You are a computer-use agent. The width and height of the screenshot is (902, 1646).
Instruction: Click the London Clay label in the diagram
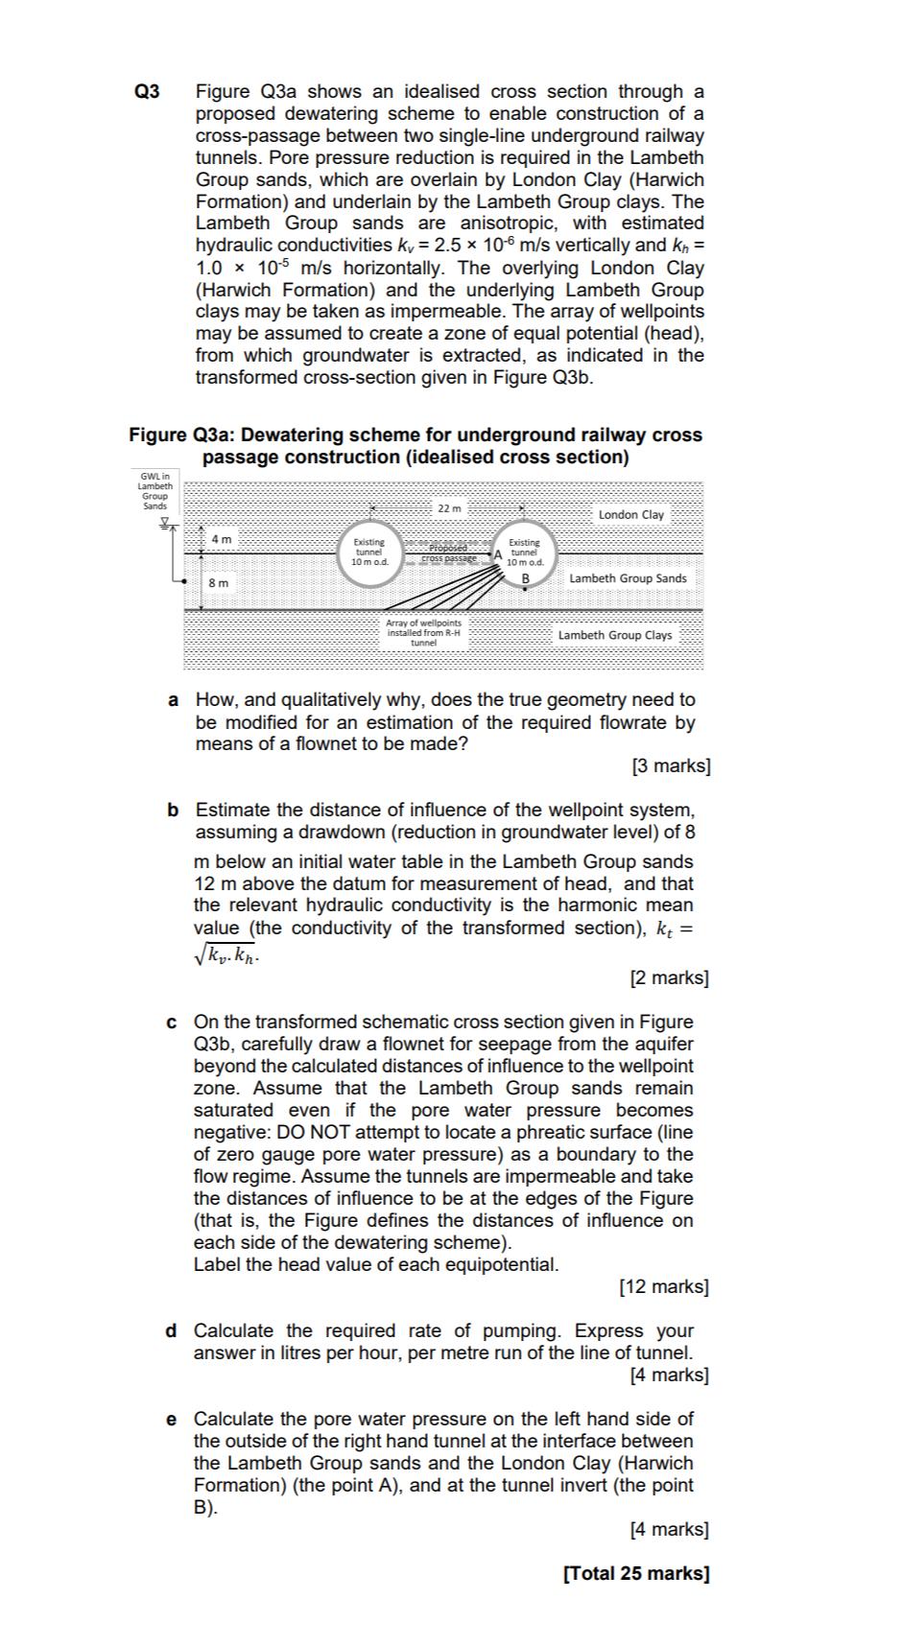point(630,515)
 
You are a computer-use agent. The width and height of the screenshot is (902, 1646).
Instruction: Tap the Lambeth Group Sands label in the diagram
point(628,578)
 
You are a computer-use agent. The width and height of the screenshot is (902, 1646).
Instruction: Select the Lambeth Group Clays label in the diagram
point(615,635)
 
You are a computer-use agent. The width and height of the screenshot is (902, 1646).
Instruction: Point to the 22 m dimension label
point(449,507)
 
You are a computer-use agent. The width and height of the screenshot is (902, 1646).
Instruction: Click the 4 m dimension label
point(222,540)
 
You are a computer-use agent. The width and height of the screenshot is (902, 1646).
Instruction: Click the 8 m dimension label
point(219,582)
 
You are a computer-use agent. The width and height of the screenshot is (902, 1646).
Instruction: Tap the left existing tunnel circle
point(369,552)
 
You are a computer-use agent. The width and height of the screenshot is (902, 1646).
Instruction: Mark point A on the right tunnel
point(498,554)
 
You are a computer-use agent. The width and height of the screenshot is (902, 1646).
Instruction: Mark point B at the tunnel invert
point(526,578)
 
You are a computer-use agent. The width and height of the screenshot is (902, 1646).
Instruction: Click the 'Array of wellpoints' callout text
point(423,632)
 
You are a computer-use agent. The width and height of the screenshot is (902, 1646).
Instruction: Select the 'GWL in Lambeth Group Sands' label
point(154,490)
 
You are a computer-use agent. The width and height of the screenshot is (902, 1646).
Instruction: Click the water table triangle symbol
point(165,523)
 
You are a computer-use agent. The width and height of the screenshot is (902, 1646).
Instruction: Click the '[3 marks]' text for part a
point(672,765)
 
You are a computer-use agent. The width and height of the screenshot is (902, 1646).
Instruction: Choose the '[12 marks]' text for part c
point(664,1286)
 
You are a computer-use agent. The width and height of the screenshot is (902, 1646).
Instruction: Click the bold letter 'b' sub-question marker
point(173,811)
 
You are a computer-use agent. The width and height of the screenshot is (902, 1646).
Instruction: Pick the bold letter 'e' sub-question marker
point(172,1419)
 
